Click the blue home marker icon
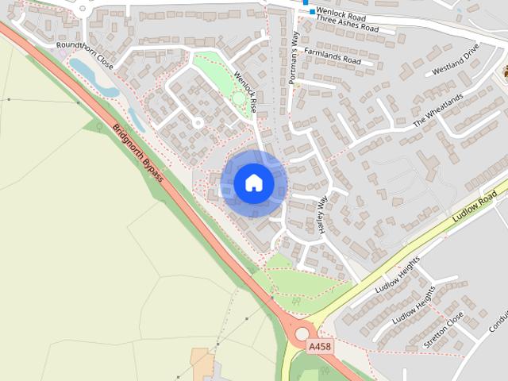[x=254, y=183]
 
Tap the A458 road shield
[x=319, y=347]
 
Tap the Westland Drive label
[x=456, y=60]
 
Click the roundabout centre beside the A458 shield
[x=302, y=334]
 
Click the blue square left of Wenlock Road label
[x=312, y=12]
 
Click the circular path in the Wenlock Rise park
[x=239, y=98]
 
